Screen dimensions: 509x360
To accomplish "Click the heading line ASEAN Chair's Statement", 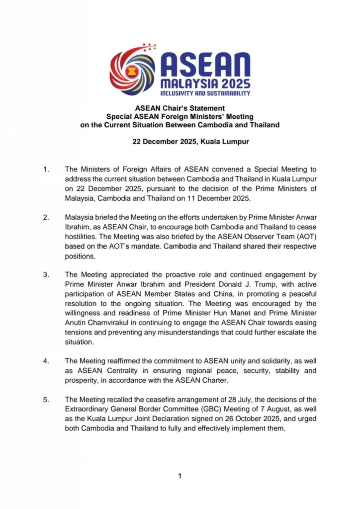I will (180, 108).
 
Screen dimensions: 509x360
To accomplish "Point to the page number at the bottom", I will (180, 477).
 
